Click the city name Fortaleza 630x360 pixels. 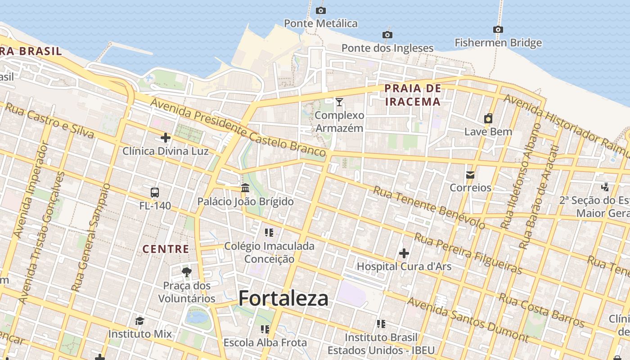point(283,298)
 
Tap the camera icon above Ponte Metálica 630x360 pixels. point(320,10)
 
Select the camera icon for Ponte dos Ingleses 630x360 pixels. point(387,35)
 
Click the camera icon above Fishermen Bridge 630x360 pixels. point(498,30)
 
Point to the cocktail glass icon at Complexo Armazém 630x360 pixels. point(339,102)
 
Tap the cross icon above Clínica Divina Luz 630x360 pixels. point(166,138)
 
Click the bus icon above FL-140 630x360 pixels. point(155,193)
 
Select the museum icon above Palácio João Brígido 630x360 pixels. point(245,188)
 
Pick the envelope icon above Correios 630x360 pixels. point(470,175)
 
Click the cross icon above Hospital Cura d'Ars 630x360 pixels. point(404,253)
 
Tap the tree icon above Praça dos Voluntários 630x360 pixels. point(187,272)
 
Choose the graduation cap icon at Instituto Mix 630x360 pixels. point(139,321)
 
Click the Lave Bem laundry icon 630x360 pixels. point(488,118)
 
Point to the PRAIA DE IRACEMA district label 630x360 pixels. point(413,95)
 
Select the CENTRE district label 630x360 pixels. point(166,249)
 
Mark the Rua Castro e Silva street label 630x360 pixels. point(49,121)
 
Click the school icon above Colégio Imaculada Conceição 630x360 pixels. point(269,233)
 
